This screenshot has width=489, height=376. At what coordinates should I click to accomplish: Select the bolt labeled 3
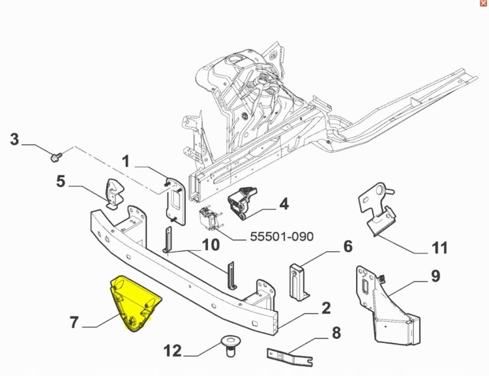tap(55, 156)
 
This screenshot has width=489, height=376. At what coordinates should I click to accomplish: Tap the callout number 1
tap(126, 160)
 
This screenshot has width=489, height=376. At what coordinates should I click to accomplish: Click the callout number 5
tap(61, 181)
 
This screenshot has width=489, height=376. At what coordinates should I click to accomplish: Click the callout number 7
tap(74, 322)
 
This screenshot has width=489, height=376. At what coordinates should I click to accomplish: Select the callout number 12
tap(173, 351)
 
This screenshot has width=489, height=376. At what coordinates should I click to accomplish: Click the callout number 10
tap(211, 245)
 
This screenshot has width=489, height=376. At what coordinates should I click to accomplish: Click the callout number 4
tap(283, 204)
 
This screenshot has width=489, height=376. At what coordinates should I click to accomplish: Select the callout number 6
tap(348, 246)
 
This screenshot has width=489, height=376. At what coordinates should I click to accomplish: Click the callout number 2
tap(325, 308)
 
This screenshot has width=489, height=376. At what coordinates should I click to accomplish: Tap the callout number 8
tap(336, 333)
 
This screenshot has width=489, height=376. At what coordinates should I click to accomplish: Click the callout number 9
tap(435, 276)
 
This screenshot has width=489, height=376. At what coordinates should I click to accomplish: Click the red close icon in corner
tap(482, 4)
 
